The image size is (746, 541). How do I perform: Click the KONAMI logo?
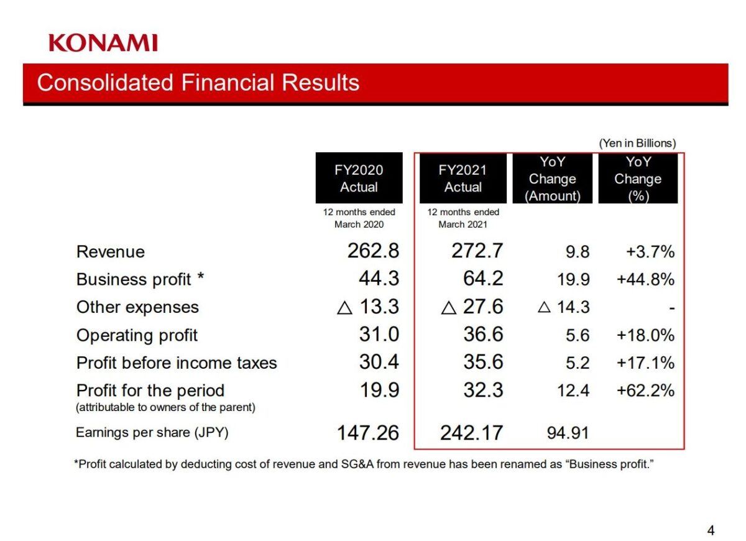103,43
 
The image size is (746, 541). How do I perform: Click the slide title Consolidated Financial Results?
198,83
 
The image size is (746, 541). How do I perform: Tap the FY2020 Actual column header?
359,178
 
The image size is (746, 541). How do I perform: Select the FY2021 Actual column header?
463,178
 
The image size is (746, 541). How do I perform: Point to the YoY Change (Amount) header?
552,178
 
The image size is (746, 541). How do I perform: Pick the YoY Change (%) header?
638,178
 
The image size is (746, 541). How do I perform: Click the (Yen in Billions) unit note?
637,143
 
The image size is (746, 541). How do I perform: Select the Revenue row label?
110,252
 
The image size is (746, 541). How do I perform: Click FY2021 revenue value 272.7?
477,251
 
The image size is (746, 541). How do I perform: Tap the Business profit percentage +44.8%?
645,280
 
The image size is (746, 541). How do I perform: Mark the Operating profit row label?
137,335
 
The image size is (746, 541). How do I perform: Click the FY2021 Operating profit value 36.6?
483,335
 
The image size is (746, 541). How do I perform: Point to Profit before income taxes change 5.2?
578,363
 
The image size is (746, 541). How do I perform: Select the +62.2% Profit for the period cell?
645,391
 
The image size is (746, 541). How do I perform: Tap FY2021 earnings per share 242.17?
471,433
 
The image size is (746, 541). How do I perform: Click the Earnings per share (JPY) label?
152,432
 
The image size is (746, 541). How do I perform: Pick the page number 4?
711,530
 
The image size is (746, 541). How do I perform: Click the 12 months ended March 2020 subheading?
359,218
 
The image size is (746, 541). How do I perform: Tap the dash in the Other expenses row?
671,308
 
